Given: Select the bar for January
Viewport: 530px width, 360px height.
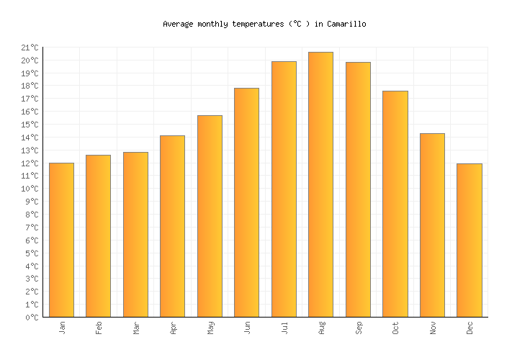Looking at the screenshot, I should [x=61, y=240].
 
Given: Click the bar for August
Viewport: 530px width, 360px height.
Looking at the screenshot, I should [x=320, y=184].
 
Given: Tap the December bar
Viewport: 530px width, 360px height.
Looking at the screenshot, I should [x=469, y=240].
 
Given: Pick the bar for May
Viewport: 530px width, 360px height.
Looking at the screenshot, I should [x=210, y=216].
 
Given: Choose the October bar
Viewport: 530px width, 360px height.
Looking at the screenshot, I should [x=395, y=204].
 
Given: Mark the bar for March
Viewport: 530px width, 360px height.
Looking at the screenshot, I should [x=135, y=234].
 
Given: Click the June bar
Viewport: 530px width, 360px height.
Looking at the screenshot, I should [x=246, y=202].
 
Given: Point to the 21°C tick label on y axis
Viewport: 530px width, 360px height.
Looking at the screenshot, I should [x=30, y=48].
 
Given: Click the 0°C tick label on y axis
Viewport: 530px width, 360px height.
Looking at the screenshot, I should [x=32, y=318].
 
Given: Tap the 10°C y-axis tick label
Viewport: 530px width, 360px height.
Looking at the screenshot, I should [x=30, y=189].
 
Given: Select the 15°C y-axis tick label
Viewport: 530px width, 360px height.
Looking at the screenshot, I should [x=30, y=125].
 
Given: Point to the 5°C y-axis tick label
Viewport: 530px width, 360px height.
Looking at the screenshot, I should [x=32, y=253].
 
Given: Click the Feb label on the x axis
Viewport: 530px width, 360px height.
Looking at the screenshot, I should [x=99, y=327].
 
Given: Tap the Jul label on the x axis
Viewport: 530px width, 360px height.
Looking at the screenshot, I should [x=284, y=327].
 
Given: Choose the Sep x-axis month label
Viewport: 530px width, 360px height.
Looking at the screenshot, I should [x=358, y=327].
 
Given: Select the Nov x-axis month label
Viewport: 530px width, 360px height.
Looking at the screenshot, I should [x=432, y=327].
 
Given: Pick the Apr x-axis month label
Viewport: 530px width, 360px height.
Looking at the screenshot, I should [x=173, y=327].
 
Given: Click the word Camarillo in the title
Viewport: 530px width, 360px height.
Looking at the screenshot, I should [x=346, y=24].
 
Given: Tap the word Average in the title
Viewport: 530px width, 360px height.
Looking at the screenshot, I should [x=178, y=24].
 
